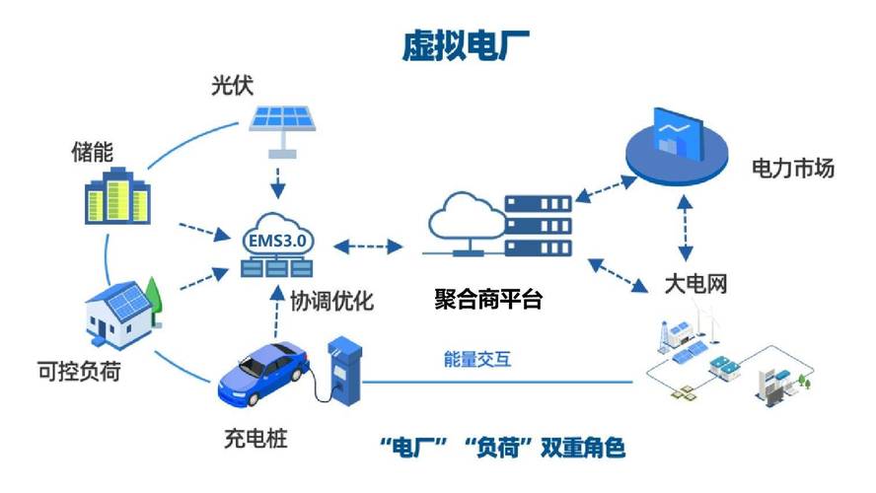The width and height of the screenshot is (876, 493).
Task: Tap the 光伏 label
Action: click(232, 85)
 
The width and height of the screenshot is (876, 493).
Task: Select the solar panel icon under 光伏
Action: click(283, 123)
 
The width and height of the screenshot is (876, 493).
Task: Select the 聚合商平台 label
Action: click(488, 299)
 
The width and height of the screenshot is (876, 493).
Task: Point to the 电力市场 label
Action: click(792, 169)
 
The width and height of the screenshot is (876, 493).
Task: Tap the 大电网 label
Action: click(693, 286)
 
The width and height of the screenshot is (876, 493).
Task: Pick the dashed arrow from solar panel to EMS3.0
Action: click(281, 180)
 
